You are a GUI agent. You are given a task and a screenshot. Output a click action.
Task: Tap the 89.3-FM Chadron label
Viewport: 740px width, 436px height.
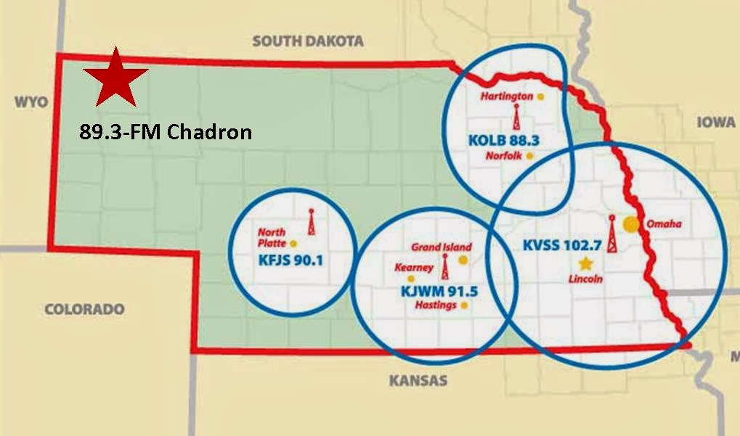166,132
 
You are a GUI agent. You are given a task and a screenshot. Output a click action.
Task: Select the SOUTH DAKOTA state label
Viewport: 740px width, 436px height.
308,41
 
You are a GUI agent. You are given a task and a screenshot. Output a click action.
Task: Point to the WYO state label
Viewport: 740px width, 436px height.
31,102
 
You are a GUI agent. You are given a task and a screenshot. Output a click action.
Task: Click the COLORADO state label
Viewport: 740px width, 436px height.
84,308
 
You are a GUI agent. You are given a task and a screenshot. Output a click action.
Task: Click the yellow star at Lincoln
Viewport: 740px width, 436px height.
585,263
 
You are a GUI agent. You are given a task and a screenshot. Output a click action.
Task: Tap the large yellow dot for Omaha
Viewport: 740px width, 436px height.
633,224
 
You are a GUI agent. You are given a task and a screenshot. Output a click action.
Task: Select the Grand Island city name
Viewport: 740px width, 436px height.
442,247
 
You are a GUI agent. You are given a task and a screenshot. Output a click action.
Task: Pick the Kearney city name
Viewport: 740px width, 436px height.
413,267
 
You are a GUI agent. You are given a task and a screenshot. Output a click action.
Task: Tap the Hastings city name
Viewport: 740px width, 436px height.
436,305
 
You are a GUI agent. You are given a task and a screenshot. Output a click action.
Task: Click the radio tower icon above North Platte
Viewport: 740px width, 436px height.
312,222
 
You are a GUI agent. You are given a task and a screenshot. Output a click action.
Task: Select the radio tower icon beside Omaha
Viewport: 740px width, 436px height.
611,234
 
